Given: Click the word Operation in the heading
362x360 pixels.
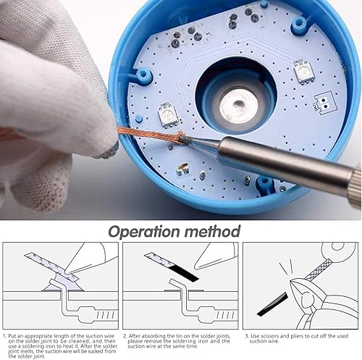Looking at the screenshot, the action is [x=145, y=232].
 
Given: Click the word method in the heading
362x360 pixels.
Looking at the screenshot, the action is [x=212, y=231].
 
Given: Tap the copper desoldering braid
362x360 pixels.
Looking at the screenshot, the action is [x=151, y=134].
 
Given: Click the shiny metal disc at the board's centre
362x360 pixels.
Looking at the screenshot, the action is [x=238, y=105].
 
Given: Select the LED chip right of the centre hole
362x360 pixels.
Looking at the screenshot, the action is [x=305, y=72].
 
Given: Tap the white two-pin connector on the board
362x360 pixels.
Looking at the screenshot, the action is [x=324, y=103].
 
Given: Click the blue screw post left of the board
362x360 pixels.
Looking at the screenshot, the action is [x=143, y=75].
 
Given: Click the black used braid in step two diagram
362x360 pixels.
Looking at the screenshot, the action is [x=185, y=273].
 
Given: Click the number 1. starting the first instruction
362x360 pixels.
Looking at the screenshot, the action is [x=5, y=336].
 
